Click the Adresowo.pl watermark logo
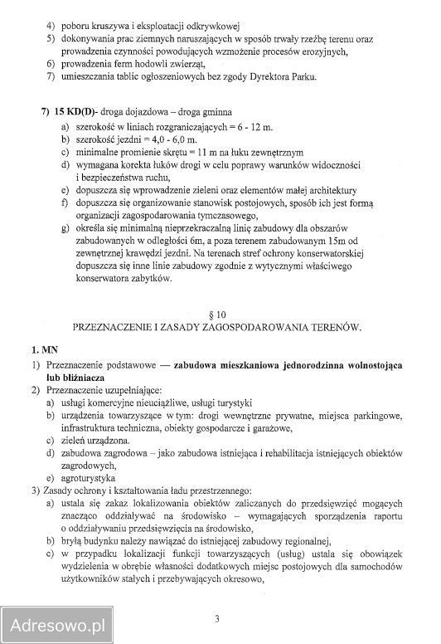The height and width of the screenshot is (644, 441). click(56, 620)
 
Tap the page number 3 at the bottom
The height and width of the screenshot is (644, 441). click(217, 618)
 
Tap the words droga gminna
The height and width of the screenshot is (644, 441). click(204, 111)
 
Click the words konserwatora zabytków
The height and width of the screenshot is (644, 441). click(122, 279)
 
